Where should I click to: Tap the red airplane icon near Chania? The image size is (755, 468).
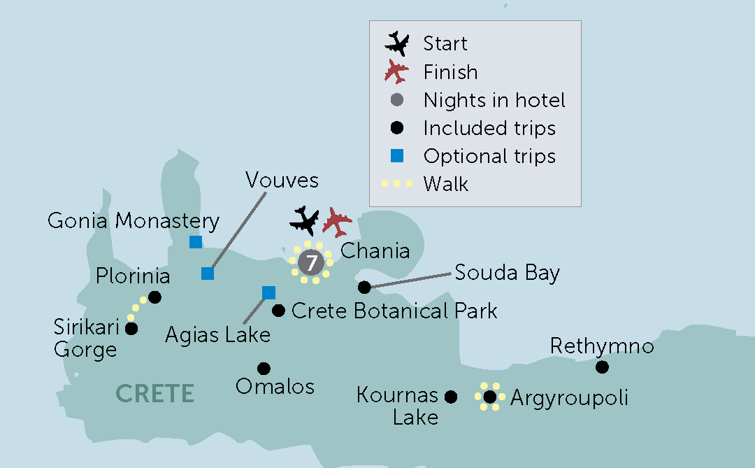pos(337,222)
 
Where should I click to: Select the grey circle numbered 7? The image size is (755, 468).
pos(311,262)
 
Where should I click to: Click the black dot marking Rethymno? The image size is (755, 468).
pos(602,367)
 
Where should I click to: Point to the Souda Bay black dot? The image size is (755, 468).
pos(364,287)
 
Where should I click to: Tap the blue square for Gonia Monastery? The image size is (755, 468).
pos(196,242)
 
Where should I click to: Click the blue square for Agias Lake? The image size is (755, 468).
pos(268,292)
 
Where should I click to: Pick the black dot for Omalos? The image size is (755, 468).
pos(264,369)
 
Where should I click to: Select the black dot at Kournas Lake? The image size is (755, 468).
pos(451,397)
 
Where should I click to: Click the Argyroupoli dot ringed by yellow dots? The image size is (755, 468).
pos(490,397)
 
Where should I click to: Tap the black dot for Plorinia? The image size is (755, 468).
pos(155,297)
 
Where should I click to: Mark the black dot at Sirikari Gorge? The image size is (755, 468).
pos(131,327)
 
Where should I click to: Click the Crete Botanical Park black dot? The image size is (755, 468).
pos(278,310)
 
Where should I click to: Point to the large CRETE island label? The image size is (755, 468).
pos(154,394)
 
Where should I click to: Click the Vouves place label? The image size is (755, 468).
pos(282,180)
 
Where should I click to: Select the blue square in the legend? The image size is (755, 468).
pos(397,156)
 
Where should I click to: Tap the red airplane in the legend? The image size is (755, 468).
pos(396,71)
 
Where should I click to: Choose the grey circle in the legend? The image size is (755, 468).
pos(397,100)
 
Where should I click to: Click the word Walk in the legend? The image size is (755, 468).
pos(446,184)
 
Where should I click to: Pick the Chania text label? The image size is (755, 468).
pos(375,251)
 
